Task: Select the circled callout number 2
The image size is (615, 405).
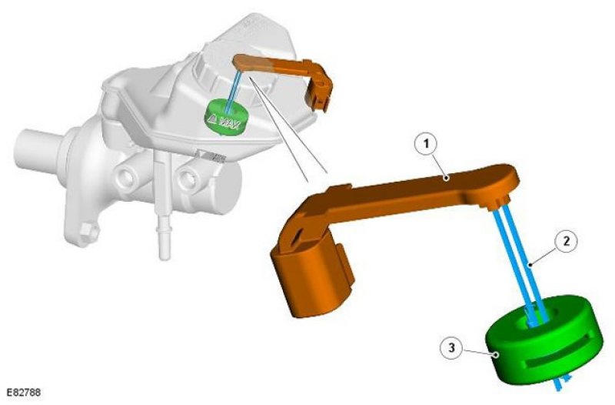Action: (566, 241)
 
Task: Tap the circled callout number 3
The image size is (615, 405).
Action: (452, 348)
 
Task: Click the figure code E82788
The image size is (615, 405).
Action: (24, 393)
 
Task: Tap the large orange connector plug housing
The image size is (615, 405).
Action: (310, 273)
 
